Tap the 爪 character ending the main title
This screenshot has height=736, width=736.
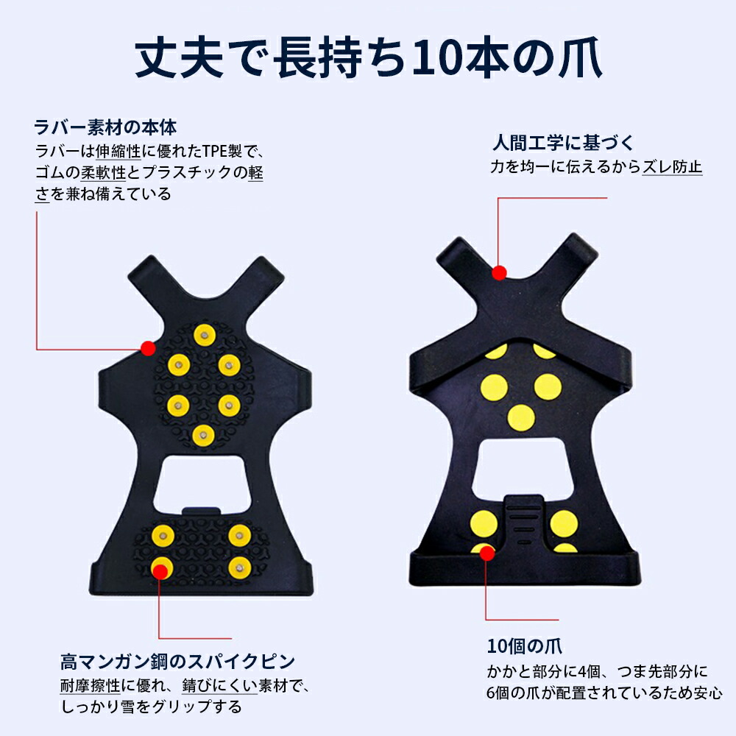point(580,58)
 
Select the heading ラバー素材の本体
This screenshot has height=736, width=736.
point(105,127)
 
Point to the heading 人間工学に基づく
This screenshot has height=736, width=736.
point(563,143)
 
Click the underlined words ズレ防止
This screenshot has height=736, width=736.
point(672,166)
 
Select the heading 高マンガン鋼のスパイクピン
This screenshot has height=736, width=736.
point(178,662)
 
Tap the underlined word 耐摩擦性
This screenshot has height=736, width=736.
point(91,686)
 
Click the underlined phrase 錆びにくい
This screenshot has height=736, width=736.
point(219,686)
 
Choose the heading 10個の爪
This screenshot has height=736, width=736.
point(524,646)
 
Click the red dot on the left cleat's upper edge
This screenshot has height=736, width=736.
point(149,348)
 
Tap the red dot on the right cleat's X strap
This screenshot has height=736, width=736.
point(499,272)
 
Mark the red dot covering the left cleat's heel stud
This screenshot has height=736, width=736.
point(160,571)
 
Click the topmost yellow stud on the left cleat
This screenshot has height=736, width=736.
point(205,335)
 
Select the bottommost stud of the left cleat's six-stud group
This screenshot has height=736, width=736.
point(204,436)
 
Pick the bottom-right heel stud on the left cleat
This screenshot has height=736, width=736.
point(240,568)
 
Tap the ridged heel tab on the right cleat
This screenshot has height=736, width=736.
point(524,521)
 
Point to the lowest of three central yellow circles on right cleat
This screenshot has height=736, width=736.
point(521,418)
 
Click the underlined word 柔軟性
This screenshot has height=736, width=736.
point(103,172)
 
